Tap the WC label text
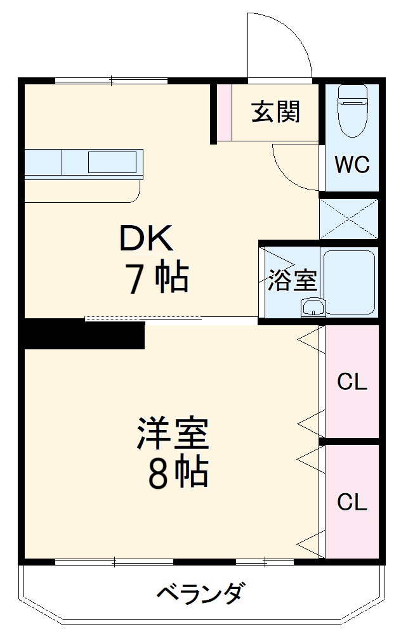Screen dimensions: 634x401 click(352, 165)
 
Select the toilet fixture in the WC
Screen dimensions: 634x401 click(352, 110)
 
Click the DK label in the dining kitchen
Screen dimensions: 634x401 click(147, 239)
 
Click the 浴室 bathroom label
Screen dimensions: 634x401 click(292, 280)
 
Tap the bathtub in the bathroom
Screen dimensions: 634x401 click(350, 281)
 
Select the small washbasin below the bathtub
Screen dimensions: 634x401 click(313, 307)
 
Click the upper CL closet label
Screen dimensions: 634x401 click(352, 382)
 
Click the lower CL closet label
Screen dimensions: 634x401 click(352, 502)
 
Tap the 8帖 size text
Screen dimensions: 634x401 click(177, 472)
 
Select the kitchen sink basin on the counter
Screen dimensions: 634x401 click(111, 162)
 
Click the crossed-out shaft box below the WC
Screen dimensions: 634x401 click(348, 218)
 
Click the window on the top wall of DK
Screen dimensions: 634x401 click(111, 81)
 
